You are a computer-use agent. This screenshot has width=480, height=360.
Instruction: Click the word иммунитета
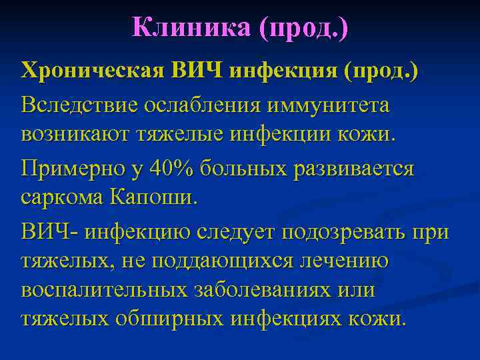pyautogui.click(x=329, y=105)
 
